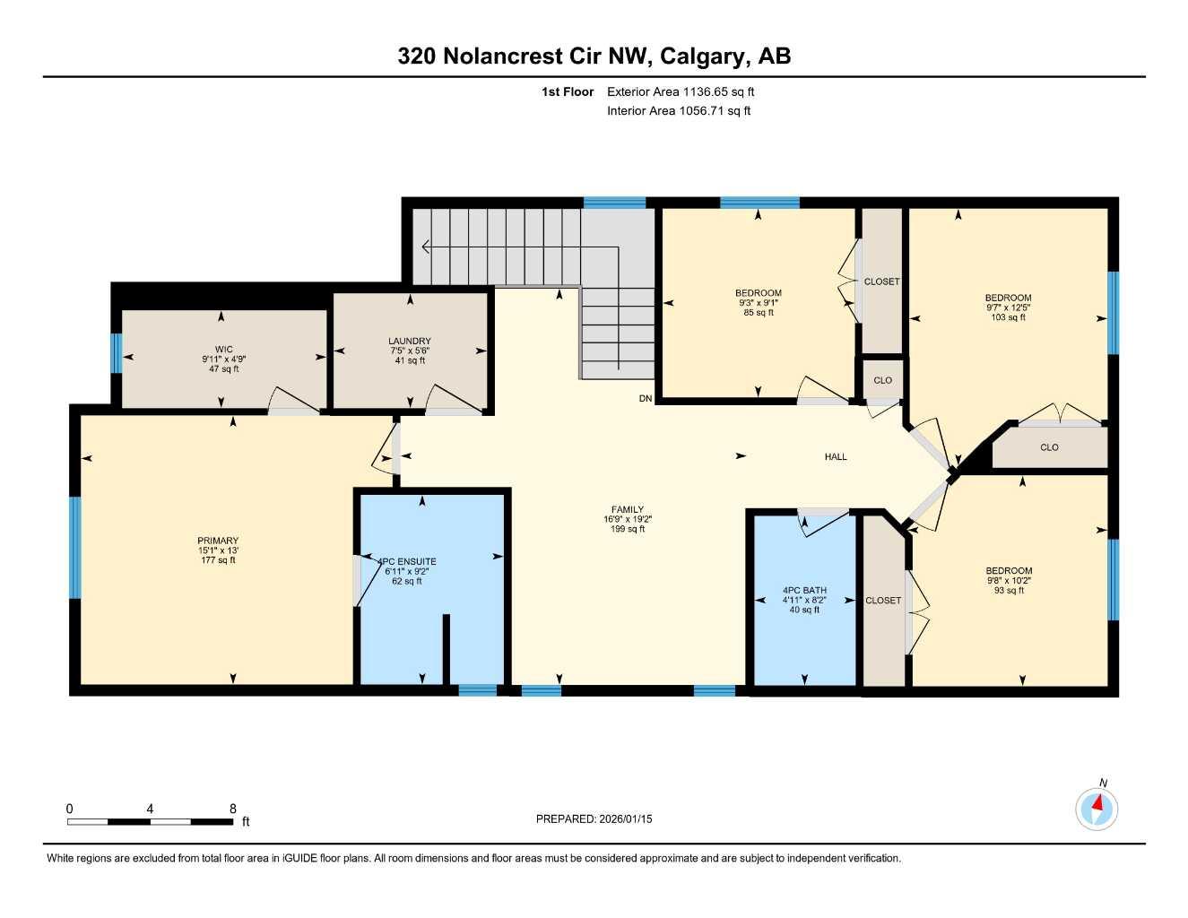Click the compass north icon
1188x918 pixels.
[1097, 809]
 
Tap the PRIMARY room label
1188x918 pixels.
[219, 541]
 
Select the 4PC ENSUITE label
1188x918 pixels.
[408, 561]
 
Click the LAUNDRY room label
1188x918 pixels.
[410, 341]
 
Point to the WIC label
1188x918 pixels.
[223, 350]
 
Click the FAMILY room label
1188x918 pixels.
[628, 509]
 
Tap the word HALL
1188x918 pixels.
[836, 457]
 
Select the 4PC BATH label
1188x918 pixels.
[804, 591]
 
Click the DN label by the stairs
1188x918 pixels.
[646, 399]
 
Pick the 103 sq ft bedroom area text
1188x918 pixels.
[1008, 317]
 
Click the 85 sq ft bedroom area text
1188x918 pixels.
[759, 313]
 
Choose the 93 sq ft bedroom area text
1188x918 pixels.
[1009, 591]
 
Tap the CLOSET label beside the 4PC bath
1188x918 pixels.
[883, 601]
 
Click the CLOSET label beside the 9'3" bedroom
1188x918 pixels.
[881, 281]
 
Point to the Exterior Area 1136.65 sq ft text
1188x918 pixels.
[681, 91]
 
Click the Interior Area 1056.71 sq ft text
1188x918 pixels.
[679, 111]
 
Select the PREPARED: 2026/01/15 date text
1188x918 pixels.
[594, 818]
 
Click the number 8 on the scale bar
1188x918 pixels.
[233, 809]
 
